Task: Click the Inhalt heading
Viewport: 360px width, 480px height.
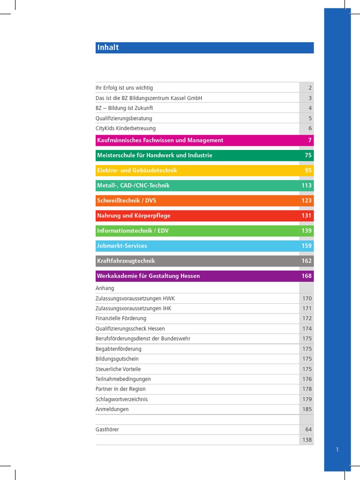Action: click(108, 47)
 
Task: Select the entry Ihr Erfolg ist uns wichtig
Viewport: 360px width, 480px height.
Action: click(124, 88)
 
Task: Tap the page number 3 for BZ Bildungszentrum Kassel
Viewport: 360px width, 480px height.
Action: click(310, 98)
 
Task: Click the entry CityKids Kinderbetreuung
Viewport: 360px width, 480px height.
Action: click(126, 128)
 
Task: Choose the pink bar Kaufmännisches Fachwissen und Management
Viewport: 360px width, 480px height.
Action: click(160, 140)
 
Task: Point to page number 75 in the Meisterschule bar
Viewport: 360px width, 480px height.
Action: click(308, 155)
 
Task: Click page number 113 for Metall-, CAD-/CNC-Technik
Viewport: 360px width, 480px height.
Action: click(307, 186)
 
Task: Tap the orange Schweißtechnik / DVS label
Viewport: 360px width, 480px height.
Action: click(127, 201)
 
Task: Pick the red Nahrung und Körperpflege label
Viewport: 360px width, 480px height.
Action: click(134, 216)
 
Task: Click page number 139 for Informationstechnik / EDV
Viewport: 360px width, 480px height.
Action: click(307, 231)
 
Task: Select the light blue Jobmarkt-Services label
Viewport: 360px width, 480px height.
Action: click(122, 246)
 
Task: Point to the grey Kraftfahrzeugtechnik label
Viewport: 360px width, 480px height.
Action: click(126, 261)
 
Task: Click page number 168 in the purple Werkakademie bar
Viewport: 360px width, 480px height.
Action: click(307, 276)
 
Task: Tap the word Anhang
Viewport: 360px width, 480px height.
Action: click(105, 288)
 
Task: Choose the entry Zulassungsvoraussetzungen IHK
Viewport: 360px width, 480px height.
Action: click(135, 308)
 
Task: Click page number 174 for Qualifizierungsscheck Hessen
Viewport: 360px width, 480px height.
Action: click(307, 329)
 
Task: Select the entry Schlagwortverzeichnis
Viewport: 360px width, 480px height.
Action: click(121, 399)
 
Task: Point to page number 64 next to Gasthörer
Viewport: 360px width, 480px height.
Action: click(308, 429)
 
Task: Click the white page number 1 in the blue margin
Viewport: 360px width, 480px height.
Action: click(337, 450)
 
